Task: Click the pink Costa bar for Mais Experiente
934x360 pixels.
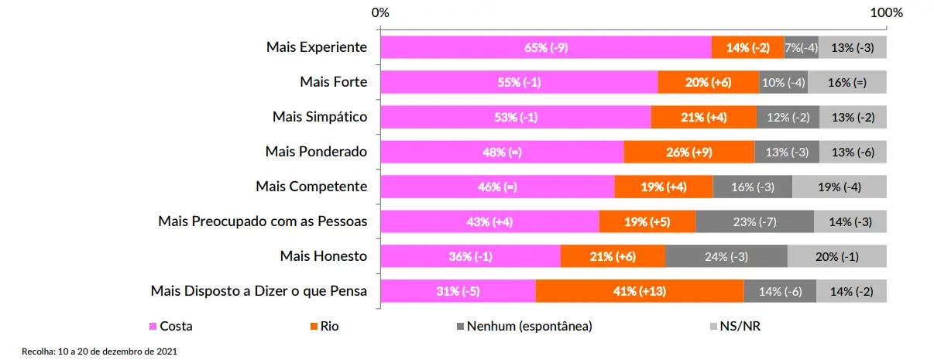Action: click(x=546, y=47)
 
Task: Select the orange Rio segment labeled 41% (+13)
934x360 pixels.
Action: click(x=640, y=291)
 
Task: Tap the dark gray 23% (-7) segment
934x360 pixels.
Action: click(x=754, y=221)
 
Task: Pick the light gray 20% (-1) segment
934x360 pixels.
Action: click(x=837, y=255)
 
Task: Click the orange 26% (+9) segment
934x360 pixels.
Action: click(x=689, y=152)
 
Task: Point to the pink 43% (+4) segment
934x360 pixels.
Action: click(x=490, y=221)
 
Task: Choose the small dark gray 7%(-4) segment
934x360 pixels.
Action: click(x=801, y=47)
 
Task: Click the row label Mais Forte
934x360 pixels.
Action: click(x=334, y=81)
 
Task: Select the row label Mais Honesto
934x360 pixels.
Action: click(x=323, y=255)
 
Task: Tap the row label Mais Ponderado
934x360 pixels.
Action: click(x=316, y=151)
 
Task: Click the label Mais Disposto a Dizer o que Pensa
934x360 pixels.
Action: click(x=259, y=291)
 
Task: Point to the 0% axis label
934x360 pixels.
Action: click(x=380, y=12)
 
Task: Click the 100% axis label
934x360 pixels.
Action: click(x=887, y=12)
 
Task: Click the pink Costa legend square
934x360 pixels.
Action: click(x=153, y=326)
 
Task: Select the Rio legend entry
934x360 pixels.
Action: click(x=324, y=326)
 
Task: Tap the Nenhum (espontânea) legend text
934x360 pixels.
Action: click(x=530, y=326)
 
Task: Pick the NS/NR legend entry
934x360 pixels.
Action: click(x=736, y=326)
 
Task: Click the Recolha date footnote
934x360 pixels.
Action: click(x=99, y=351)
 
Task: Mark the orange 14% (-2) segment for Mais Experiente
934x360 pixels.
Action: click(x=747, y=47)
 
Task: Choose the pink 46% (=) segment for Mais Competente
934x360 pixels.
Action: click(x=497, y=187)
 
